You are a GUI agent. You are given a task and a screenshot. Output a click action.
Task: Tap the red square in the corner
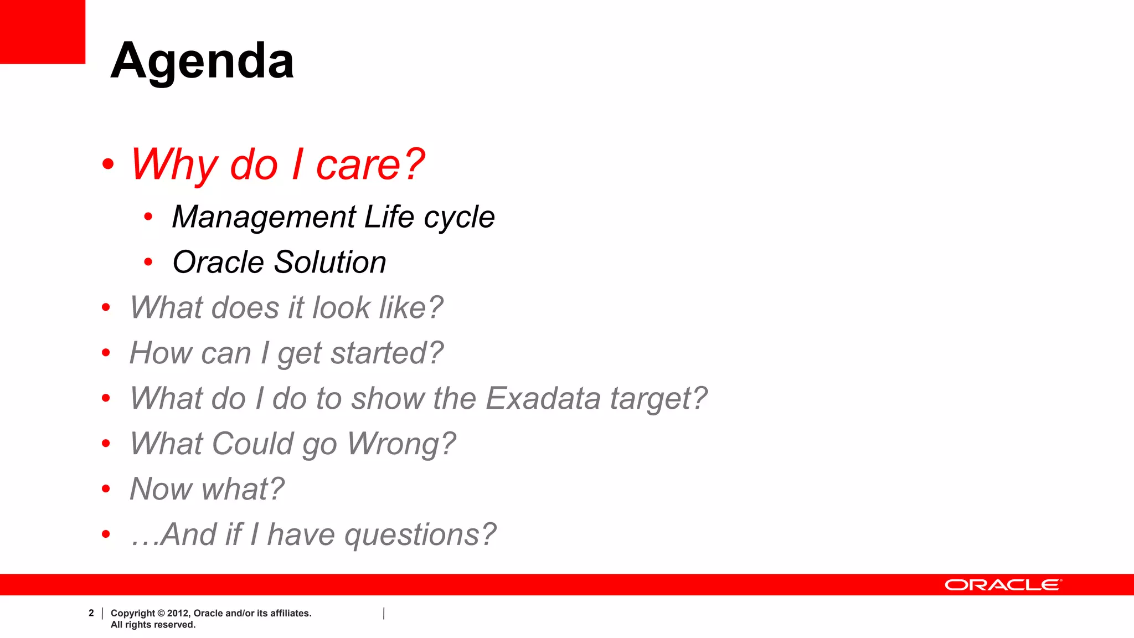click(42, 31)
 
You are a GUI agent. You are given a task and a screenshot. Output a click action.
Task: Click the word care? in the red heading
click(370, 164)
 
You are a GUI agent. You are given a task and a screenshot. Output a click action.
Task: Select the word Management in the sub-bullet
click(264, 217)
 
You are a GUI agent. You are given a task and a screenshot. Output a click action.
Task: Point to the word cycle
click(459, 217)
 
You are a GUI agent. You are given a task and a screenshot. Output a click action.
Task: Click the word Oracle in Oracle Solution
click(218, 262)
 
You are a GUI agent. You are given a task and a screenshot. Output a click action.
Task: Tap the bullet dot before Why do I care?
click(108, 164)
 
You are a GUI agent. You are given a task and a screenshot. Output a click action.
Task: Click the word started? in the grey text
click(387, 353)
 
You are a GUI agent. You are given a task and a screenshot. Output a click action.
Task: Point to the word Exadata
click(543, 398)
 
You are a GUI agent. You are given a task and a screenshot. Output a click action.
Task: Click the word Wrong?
click(401, 444)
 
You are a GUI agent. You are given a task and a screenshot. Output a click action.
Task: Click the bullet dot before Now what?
click(106, 488)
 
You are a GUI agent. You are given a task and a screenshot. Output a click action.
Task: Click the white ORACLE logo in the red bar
click(1003, 585)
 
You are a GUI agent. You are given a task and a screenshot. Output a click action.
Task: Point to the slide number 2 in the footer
click(91, 613)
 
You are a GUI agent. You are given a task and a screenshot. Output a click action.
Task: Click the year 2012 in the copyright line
click(178, 613)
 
